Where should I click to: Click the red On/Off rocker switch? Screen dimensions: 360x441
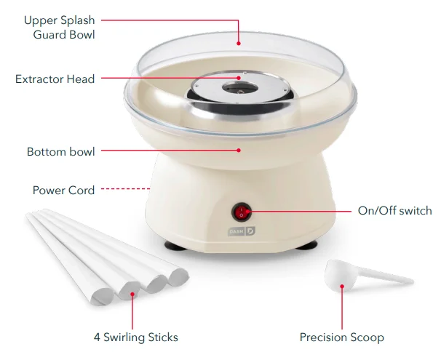point(242,212)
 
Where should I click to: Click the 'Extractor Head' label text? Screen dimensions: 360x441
point(55,79)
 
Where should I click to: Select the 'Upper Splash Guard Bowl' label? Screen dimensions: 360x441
point(60,27)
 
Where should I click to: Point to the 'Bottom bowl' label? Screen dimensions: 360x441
point(60,152)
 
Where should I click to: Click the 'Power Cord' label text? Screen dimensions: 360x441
point(63,190)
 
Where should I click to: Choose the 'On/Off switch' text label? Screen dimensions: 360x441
point(394,211)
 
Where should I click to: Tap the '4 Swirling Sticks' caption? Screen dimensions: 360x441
point(136,337)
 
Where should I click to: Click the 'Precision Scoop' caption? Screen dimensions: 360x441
point(342,337)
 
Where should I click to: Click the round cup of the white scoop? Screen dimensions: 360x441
point(340,277)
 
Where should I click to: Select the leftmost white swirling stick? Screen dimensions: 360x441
point(65,255)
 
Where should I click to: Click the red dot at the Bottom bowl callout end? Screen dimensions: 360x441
point(239,151)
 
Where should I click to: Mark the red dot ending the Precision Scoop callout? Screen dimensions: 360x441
point(342,287)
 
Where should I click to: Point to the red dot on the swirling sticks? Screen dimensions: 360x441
point(132,295)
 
